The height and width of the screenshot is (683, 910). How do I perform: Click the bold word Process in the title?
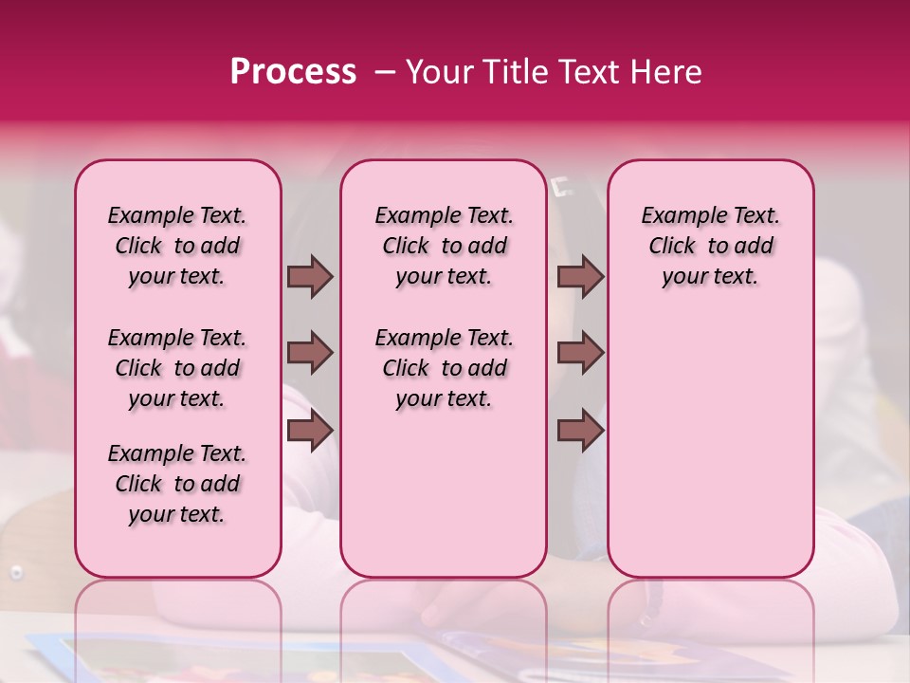coord(293,72)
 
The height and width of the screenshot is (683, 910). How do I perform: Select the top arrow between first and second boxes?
coord(310,276)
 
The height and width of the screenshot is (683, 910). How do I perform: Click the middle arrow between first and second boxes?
coord(310,354)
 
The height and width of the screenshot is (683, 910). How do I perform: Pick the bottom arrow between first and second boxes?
coord(310,431)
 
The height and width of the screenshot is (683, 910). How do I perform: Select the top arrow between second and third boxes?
coord(580,276)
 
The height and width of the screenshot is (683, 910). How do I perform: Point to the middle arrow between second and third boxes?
coord(580,354)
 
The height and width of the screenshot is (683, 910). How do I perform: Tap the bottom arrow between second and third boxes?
coord(580,431)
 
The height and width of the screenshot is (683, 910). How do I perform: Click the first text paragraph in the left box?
coord(177,246)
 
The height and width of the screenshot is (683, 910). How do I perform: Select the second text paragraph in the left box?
coord(177,368)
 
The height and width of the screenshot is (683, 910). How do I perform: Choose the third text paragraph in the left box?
coord(177,484)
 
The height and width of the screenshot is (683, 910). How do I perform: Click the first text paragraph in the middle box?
coord(444,246)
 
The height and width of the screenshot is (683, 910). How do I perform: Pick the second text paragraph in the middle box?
coord(444,368)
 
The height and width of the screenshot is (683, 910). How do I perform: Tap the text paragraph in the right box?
coord(710,246)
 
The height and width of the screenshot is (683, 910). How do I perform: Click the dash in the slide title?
coord(385,72)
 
